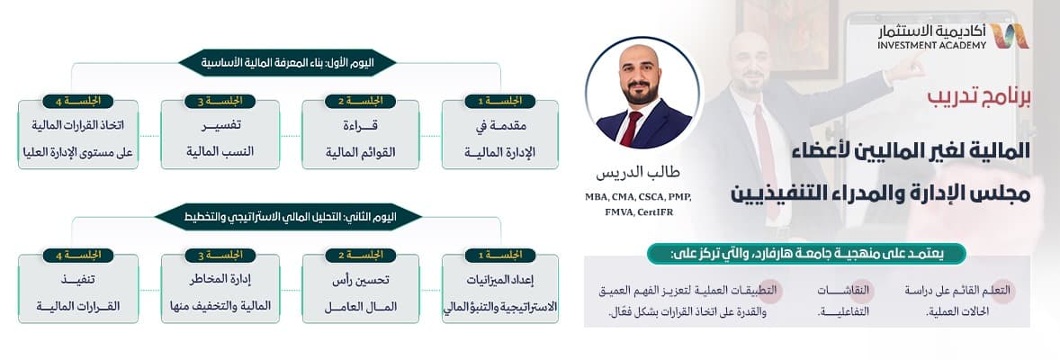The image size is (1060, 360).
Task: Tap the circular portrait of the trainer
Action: point(642,93)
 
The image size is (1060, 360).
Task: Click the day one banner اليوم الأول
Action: point(287,63)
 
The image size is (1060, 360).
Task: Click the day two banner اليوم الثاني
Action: point(287,217)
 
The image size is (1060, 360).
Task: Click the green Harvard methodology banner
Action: point(806,254)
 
